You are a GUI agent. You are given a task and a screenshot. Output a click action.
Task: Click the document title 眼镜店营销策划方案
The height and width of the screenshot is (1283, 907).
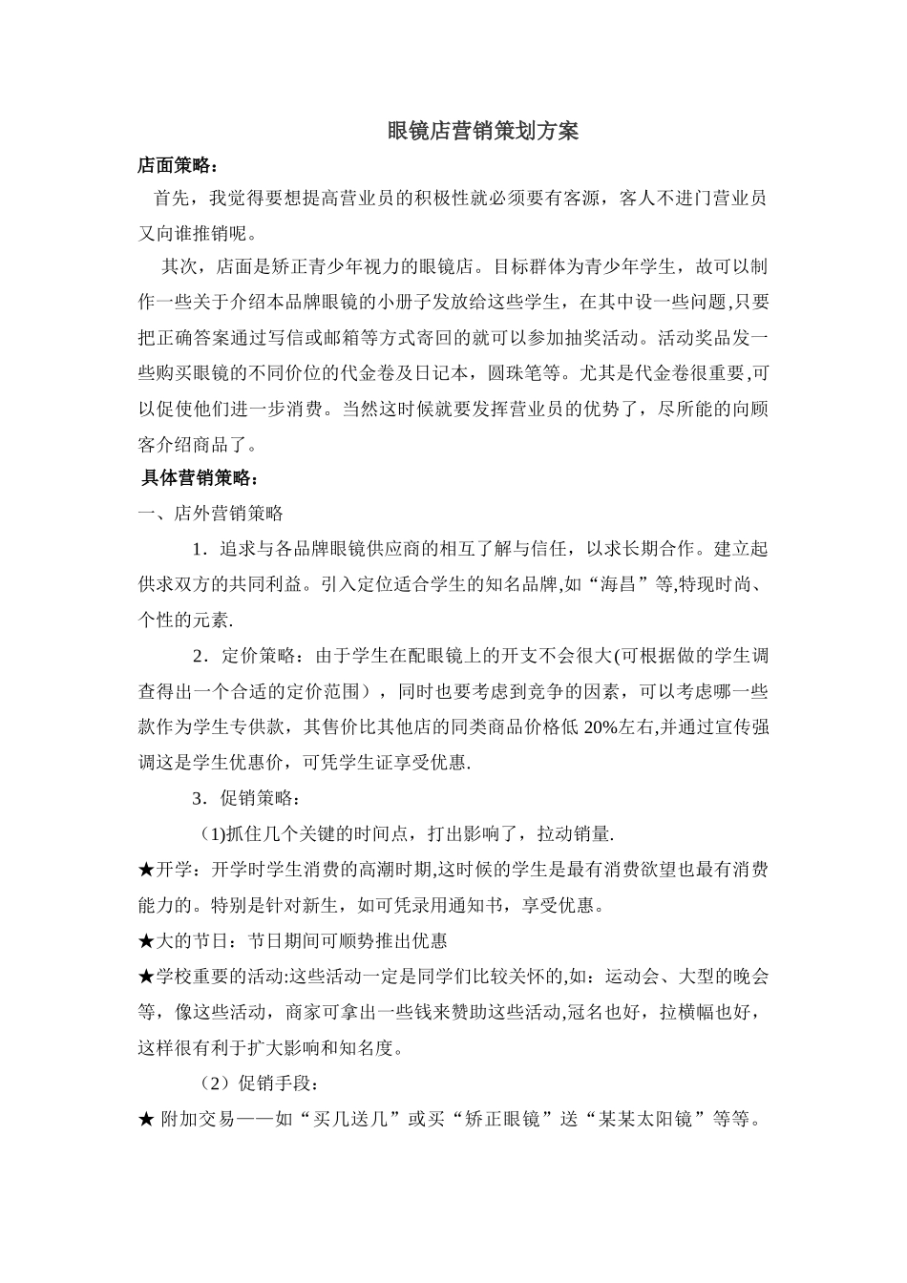click(483, 132)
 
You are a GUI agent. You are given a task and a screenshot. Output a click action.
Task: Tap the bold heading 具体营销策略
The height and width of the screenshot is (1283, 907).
click(198, 477)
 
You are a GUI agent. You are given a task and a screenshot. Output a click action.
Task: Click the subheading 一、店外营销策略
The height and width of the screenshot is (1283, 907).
click(211, 514)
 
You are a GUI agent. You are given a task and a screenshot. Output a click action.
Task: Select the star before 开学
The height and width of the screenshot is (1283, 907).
click(146, 870)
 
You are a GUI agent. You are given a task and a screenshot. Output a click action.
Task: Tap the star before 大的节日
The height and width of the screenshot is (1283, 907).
click(146, 941)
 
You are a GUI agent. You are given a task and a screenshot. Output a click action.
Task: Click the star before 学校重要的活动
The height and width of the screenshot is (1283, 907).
click(146, 977)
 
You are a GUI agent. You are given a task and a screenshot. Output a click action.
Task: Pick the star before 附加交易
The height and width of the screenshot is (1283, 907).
click(146, 1120)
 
